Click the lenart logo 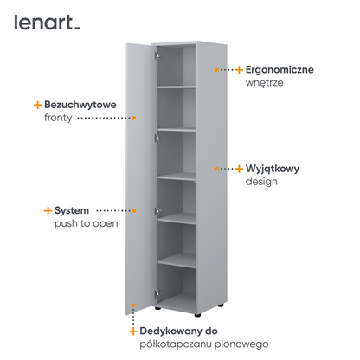click(47, 22)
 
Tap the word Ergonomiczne click(280, 70)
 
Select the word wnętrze click(264, 83)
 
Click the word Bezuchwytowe click(80, 105)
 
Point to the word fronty click(58, 118)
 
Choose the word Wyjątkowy click(273, 169)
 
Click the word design click(261, 182)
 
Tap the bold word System click(72, 211)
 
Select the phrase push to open click(87, 224)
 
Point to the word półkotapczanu click(176, 344)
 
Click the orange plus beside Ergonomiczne click(239, 70)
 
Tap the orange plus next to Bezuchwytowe click(38, 105)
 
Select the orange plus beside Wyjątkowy click(239, 169)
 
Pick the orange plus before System click(48, 210)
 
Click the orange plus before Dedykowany click(133, 331)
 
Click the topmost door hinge click(157, 55)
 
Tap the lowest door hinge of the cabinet click(157, 294)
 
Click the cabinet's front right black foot click(197, 315)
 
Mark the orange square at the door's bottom click(133, 305)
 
